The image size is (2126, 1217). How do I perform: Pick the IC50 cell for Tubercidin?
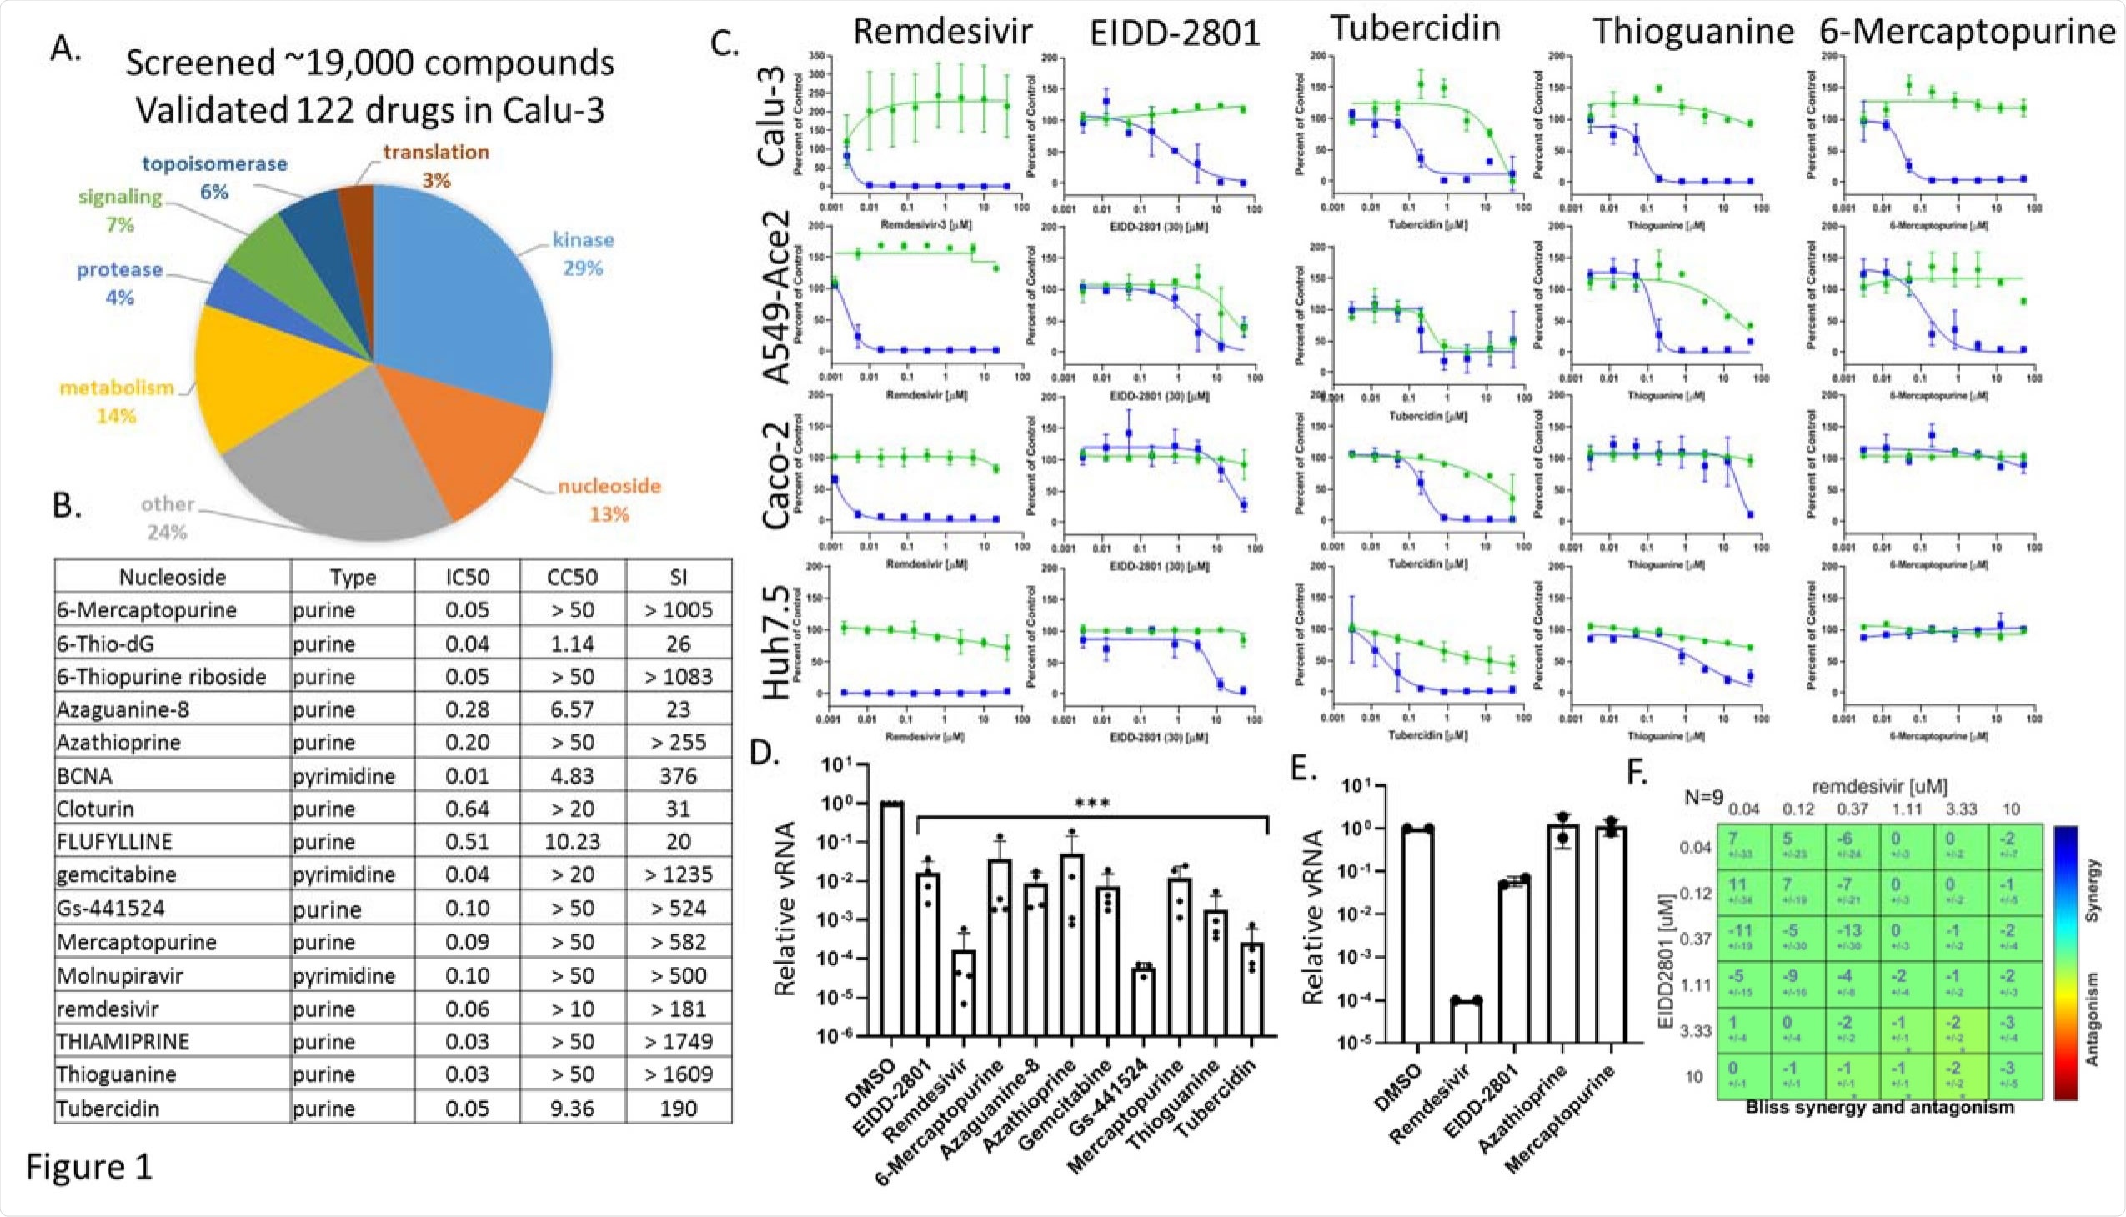[467, 1109]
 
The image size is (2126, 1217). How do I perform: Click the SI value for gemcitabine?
[677, 875]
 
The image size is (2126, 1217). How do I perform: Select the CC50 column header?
[572, 578]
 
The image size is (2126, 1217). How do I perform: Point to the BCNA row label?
[84, 777]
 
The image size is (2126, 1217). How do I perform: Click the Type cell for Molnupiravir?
[343, 975]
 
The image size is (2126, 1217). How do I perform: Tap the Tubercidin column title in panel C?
[1415, 28]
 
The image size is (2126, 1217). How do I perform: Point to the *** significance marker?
[1092, 804]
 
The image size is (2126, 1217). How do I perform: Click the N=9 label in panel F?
[1703, 798]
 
